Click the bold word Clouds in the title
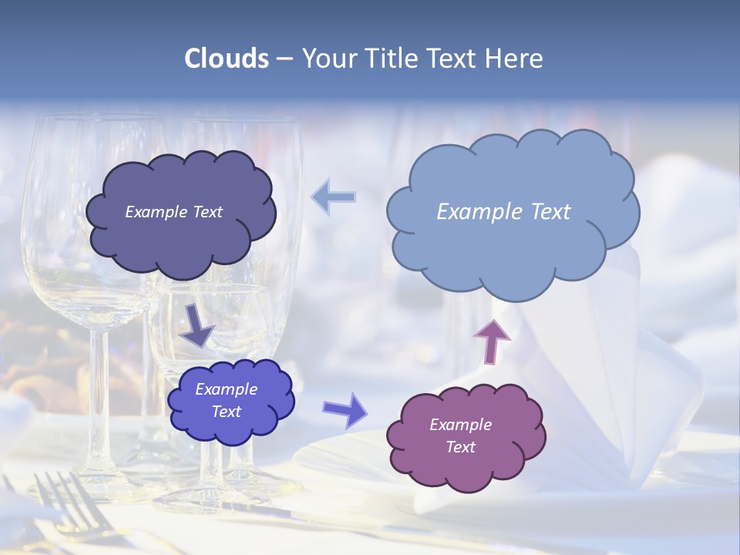click(227, 59)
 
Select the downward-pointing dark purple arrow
click(197, 325)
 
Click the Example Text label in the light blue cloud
click(503, 212)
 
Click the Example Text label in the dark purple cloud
click(173, 212)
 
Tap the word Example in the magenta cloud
click(460, 425)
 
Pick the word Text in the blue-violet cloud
click(227, 412)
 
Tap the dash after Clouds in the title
click(284, 59)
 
